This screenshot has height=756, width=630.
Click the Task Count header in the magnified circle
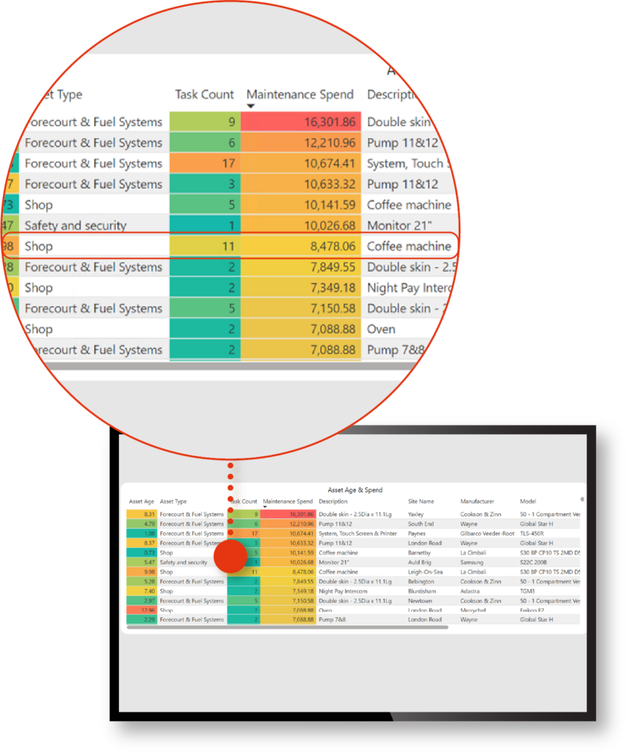(204, 94)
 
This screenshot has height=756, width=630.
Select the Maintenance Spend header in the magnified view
(300, 94)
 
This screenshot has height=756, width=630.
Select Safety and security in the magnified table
(75, 226)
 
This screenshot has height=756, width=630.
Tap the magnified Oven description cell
(381, 329)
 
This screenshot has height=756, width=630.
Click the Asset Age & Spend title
(355, 489)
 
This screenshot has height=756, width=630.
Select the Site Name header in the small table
(421, 502)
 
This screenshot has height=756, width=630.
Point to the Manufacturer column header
(477, 502)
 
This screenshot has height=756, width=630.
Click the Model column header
(528, 502)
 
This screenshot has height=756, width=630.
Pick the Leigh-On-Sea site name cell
(426, 571)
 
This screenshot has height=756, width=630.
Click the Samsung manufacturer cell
(472, 562)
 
